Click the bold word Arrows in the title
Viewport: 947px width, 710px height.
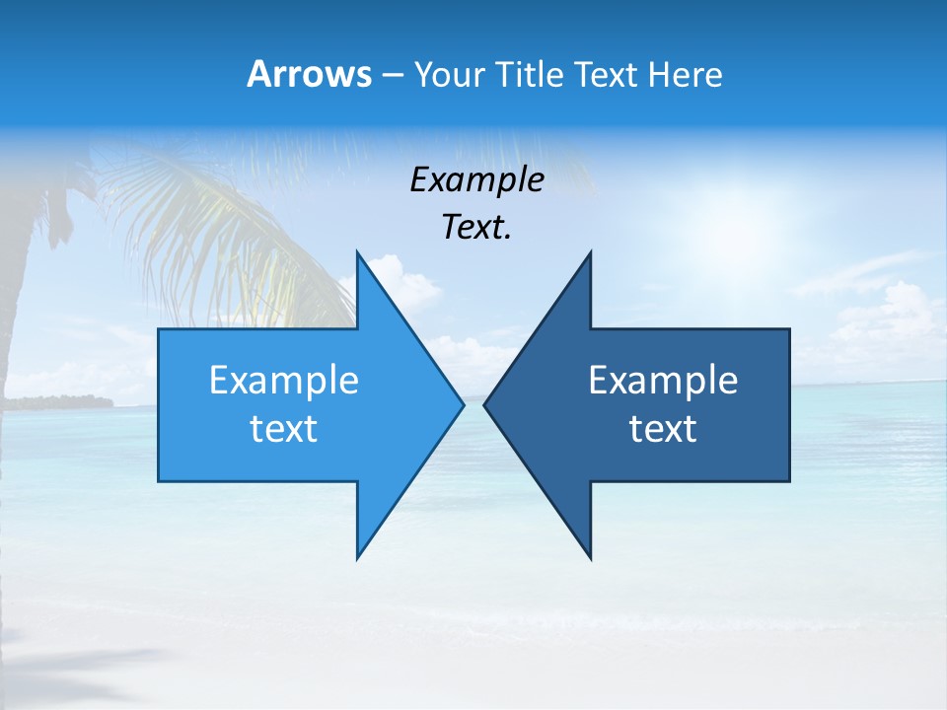tap(309, 74)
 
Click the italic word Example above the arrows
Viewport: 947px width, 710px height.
tap(476, 179)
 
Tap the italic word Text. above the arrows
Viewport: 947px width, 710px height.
tap(476, 227)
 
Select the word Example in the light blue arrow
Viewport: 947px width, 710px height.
tap(284, 380)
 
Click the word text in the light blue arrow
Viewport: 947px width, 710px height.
tap(284, 429)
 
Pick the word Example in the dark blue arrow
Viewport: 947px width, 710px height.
tap(663, 380)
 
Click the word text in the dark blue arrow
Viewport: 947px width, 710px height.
tap(663, 429)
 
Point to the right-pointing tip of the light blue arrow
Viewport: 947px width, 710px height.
tap(462, 404)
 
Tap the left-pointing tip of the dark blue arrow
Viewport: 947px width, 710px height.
tap(485, 404)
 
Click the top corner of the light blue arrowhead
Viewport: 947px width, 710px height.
tap(357, 253)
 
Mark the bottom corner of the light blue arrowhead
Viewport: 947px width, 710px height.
tap(357, 557)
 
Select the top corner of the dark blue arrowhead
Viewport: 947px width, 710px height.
tap(590, 253)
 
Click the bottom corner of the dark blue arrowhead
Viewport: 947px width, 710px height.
tap(590, 557)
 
